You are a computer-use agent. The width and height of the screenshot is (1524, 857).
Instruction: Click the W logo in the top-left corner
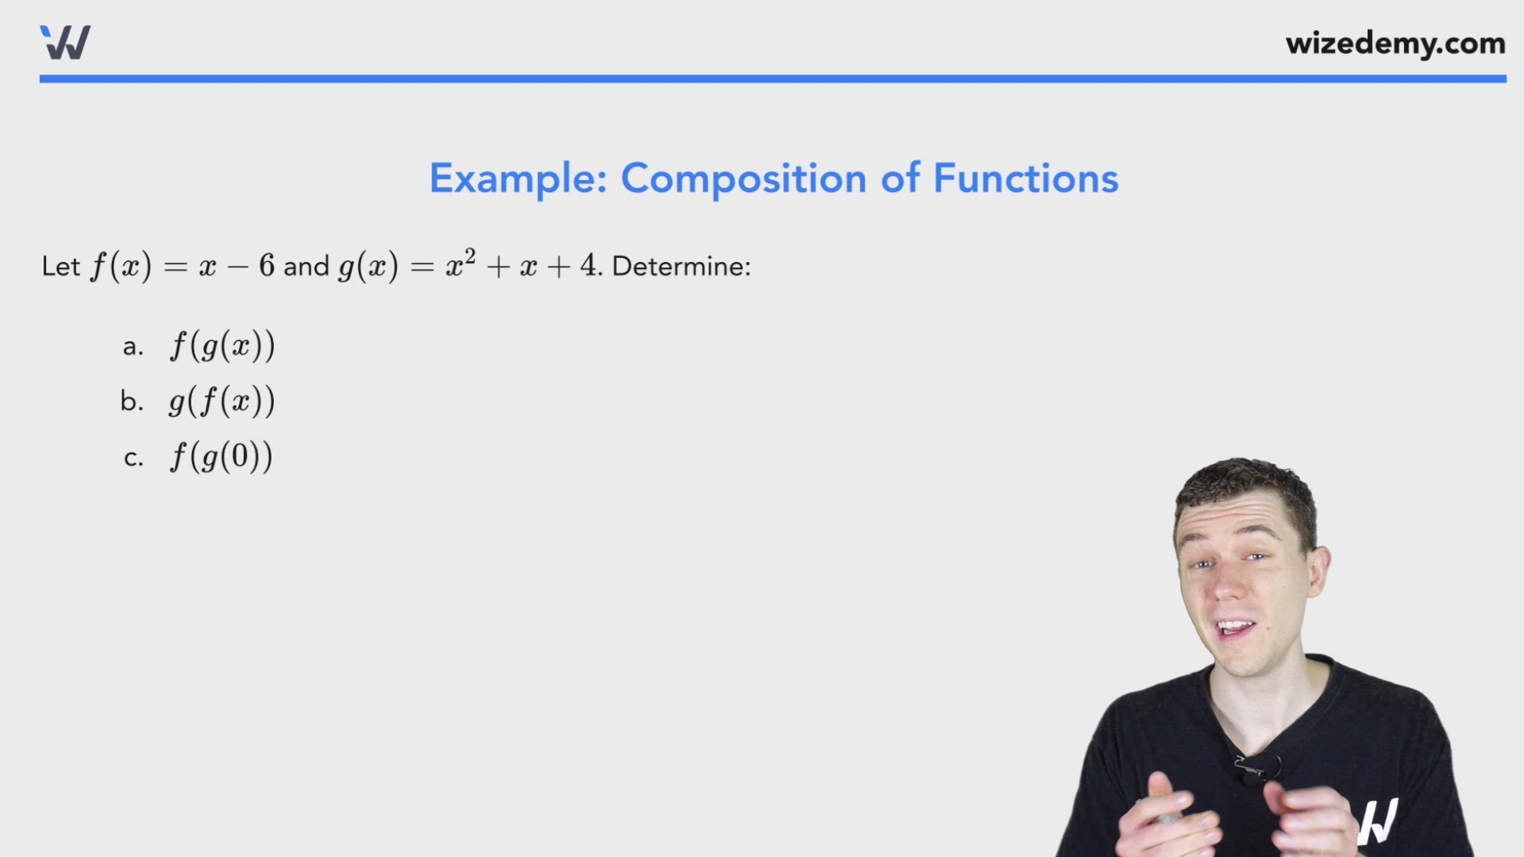click(x=65, y=42)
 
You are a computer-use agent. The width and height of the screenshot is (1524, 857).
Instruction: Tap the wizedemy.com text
click(x=1395, y=44)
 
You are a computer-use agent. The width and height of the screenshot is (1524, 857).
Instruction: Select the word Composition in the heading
click(x=743, y=179)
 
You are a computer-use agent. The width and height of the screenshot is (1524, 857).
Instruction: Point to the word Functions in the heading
click(x=1026, y=179)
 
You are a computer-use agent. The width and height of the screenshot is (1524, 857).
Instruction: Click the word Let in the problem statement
click(x=60, y=267)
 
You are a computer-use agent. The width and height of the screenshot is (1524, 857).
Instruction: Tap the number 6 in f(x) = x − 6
click(x=267, y=266)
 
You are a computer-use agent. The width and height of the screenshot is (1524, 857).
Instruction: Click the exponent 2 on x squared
click(x=470, y=256)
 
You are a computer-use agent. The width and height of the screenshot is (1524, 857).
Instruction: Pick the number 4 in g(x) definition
click(x=588, y=266)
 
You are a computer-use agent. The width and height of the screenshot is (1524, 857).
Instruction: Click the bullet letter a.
click(x=133, y=347)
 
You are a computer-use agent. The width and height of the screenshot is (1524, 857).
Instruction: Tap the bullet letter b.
click(x=132, y=402)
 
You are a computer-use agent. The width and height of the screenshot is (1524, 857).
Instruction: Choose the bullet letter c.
click(x=133, y=458)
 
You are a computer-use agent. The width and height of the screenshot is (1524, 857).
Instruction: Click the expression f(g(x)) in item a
click(x=222, y=346)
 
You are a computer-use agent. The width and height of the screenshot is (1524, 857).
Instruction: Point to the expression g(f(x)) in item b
click(x=221, y=402)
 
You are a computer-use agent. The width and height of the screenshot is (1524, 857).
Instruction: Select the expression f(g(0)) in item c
click(x=221, y=457)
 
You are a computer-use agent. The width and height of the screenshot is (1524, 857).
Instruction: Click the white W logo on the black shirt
click(x=1378, y=821)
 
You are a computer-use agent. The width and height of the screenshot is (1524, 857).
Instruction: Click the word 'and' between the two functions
click(x=306, y=267)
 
